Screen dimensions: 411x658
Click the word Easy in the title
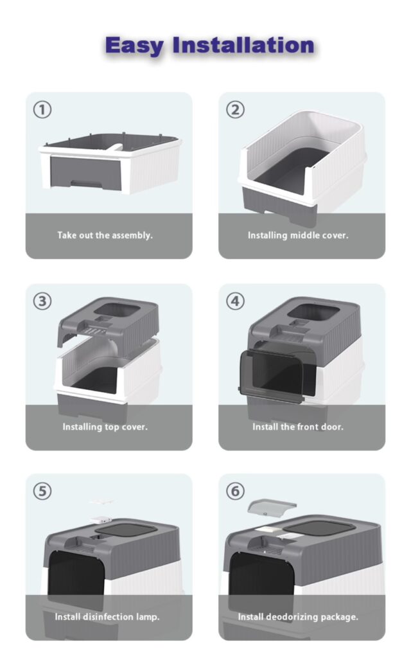point(134,46)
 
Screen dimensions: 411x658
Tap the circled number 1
point(42,110)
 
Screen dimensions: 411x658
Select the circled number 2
point(235,110)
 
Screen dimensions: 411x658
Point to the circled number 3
point(42,301)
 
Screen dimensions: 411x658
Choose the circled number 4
point(235,301)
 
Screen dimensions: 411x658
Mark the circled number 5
point(42,492)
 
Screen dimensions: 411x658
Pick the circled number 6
point(235,492)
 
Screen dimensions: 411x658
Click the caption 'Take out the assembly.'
point(105,235)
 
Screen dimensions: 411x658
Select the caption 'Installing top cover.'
point(105,427)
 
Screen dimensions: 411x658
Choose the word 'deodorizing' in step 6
point(292,617)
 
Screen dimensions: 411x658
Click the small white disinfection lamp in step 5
point(101,520)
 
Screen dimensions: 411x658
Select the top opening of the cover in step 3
point(117,311)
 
